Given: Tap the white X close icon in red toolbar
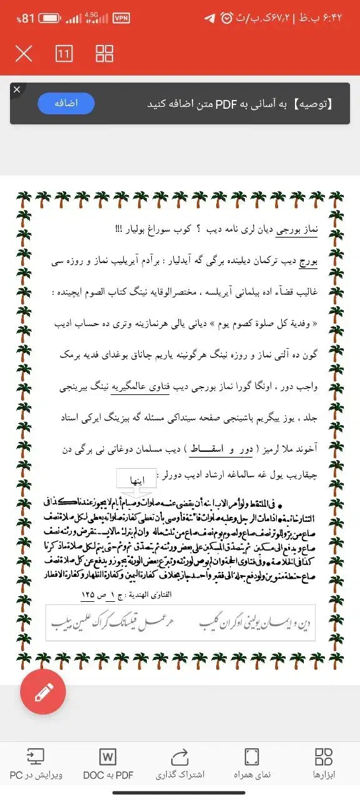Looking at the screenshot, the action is click(x=23, y=54).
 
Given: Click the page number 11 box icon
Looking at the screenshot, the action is click(x=64, y=54).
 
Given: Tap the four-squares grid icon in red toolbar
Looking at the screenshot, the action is click(x=104, y=54).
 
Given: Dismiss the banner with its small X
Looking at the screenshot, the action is click(x=17, y=90).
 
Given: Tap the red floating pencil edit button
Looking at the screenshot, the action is click(x=43, y=691).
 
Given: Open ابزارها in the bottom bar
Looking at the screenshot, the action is click(x=324, y=764).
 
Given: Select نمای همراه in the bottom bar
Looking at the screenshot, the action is click(x=252, y=764).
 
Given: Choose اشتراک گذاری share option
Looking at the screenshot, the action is click(x=179, y=764).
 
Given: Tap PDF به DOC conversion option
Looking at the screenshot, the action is click(x=108, y=764).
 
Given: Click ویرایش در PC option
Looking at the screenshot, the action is click(x=36, y=764).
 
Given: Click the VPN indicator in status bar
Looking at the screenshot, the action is click(x=121, y=18).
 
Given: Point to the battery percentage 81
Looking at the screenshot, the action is click(x=28, y=19).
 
